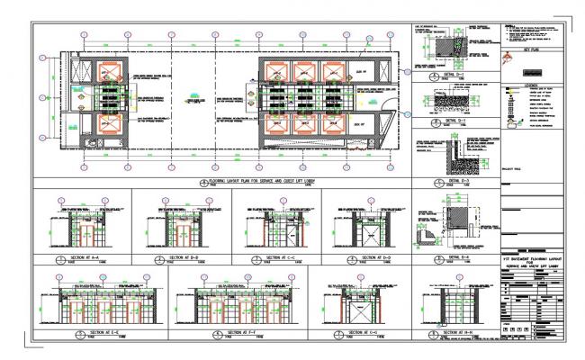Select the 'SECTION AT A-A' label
(83, 257)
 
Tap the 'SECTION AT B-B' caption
(183, 257)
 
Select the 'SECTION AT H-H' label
(451, 333)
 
